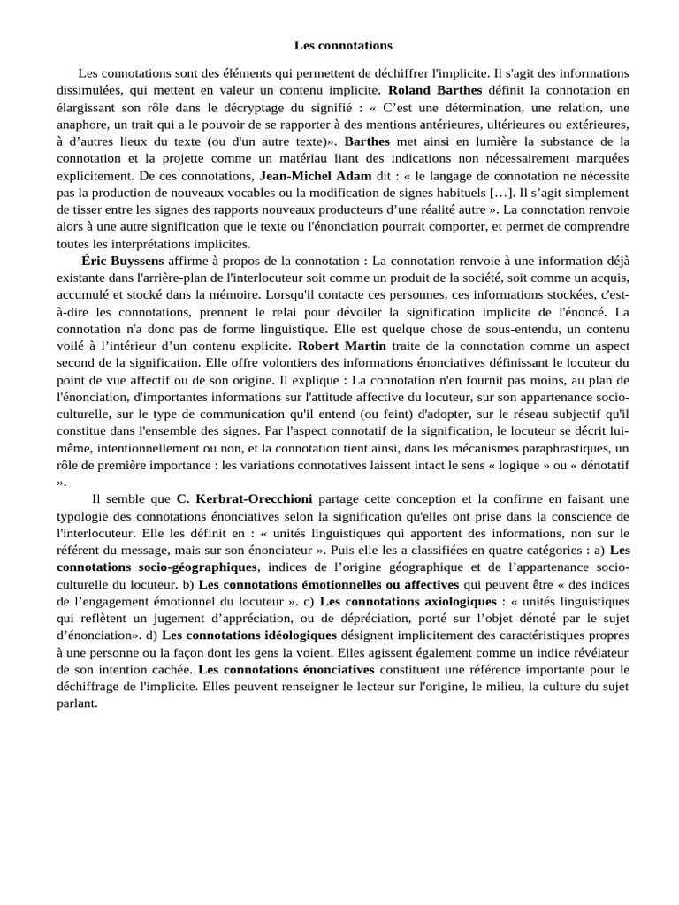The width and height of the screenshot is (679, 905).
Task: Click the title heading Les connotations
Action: (342, 44)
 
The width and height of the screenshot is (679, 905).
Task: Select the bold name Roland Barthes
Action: (435, 90)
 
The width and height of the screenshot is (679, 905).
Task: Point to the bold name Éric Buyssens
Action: (122, 262)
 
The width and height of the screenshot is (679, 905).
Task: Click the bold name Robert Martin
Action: (342, 346)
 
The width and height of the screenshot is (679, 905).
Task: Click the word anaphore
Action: (84, 124)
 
